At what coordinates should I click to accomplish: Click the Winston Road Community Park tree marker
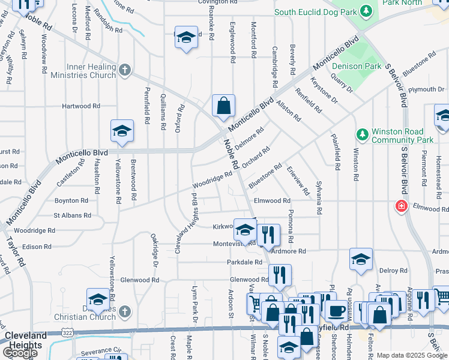(362, 133)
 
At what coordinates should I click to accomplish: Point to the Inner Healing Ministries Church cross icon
(125, 71)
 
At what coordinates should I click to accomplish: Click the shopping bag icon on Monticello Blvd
(223, 107)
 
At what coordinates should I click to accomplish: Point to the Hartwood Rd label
(80, 106)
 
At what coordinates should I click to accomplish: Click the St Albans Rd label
(71, 215)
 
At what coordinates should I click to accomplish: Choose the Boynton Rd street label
(71, 200)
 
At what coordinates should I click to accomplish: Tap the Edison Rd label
(37, 247)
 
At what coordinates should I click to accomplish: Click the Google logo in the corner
(20, 353)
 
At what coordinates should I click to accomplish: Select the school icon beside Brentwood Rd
(122, 131)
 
